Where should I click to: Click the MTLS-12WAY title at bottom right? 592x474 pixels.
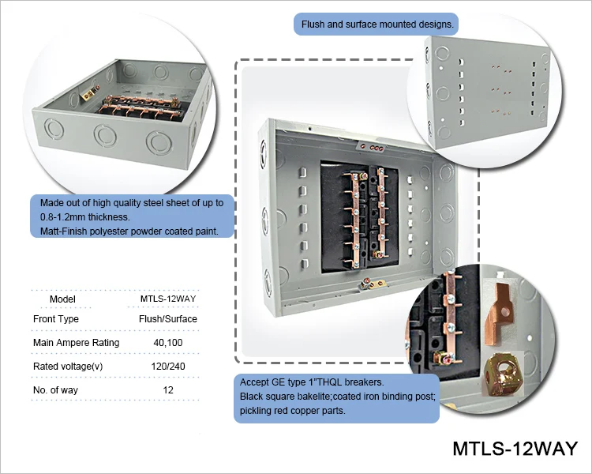[x=515, y=449]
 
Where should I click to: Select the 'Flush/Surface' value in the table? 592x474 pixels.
[x=162, y=318]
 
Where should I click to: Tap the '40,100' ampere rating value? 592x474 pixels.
[x=162, y=342]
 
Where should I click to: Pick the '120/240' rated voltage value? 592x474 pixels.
[x=162, y=366]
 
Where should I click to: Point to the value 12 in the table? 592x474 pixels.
[x=162, y=389]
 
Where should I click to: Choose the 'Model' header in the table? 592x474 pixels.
[x=62, y=299]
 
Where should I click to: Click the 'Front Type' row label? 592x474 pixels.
[x=56, y=318]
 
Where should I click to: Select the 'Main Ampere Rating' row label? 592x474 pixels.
[x=77, y=342]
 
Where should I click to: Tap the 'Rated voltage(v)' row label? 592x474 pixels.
[x=68, y=366]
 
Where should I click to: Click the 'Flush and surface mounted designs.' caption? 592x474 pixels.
[x=377, y=24]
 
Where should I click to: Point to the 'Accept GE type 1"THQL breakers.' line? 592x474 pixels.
[x=305, y=382]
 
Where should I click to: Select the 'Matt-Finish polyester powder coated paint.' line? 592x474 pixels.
[x=129, y=231]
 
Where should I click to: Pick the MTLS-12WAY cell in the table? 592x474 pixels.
[x=162, y=299]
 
